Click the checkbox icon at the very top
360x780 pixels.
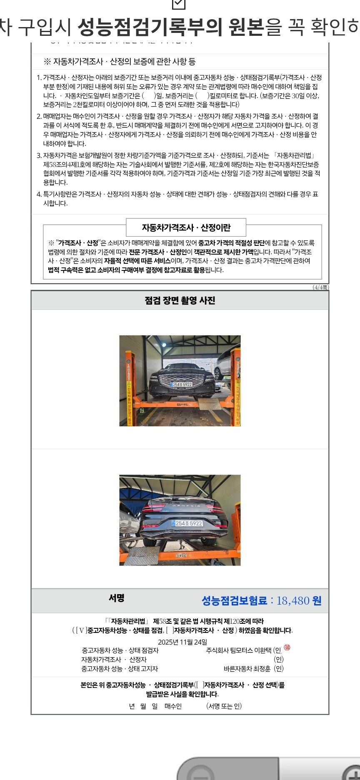coord(179,4)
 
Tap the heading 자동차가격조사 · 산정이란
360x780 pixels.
coord(186,227)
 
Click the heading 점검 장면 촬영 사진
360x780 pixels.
coord(180,300)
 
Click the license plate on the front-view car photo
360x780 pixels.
coord(182,385)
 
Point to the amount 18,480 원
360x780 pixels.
coord(299,600)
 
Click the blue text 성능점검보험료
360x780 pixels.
coord(234,600)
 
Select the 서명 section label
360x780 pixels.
coord(116,598)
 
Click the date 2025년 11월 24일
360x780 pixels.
coord(182,642)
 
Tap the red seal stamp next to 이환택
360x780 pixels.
coord(287,647)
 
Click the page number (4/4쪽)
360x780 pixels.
coord(320,287)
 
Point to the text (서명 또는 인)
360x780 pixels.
coord(224,706)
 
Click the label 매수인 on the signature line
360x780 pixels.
coord(173,706)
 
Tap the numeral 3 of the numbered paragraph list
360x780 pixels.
coord(39,155)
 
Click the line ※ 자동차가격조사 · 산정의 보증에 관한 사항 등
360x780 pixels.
coord(120,62)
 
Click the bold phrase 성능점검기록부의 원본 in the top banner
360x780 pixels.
coord(171,27)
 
